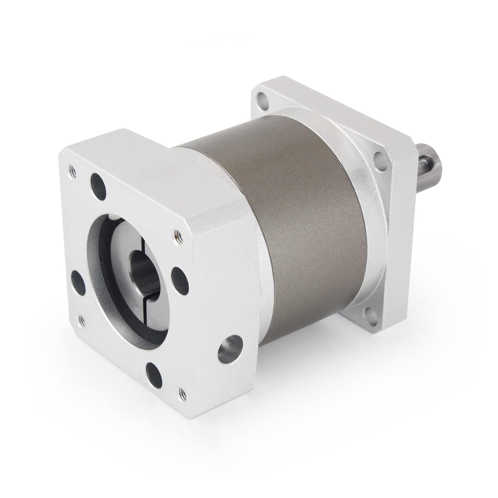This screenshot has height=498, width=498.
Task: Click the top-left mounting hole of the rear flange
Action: click(x=262, y=98)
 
